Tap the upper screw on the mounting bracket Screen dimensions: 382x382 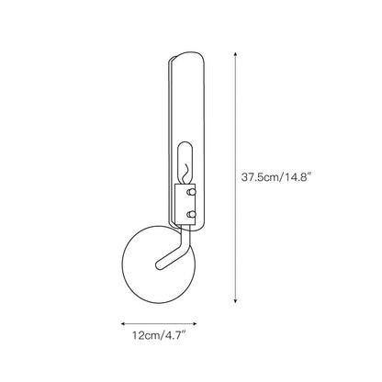tap(190, 194)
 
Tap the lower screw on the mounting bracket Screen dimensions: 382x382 tap(190, 214)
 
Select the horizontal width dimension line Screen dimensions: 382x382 tap(157, 323)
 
